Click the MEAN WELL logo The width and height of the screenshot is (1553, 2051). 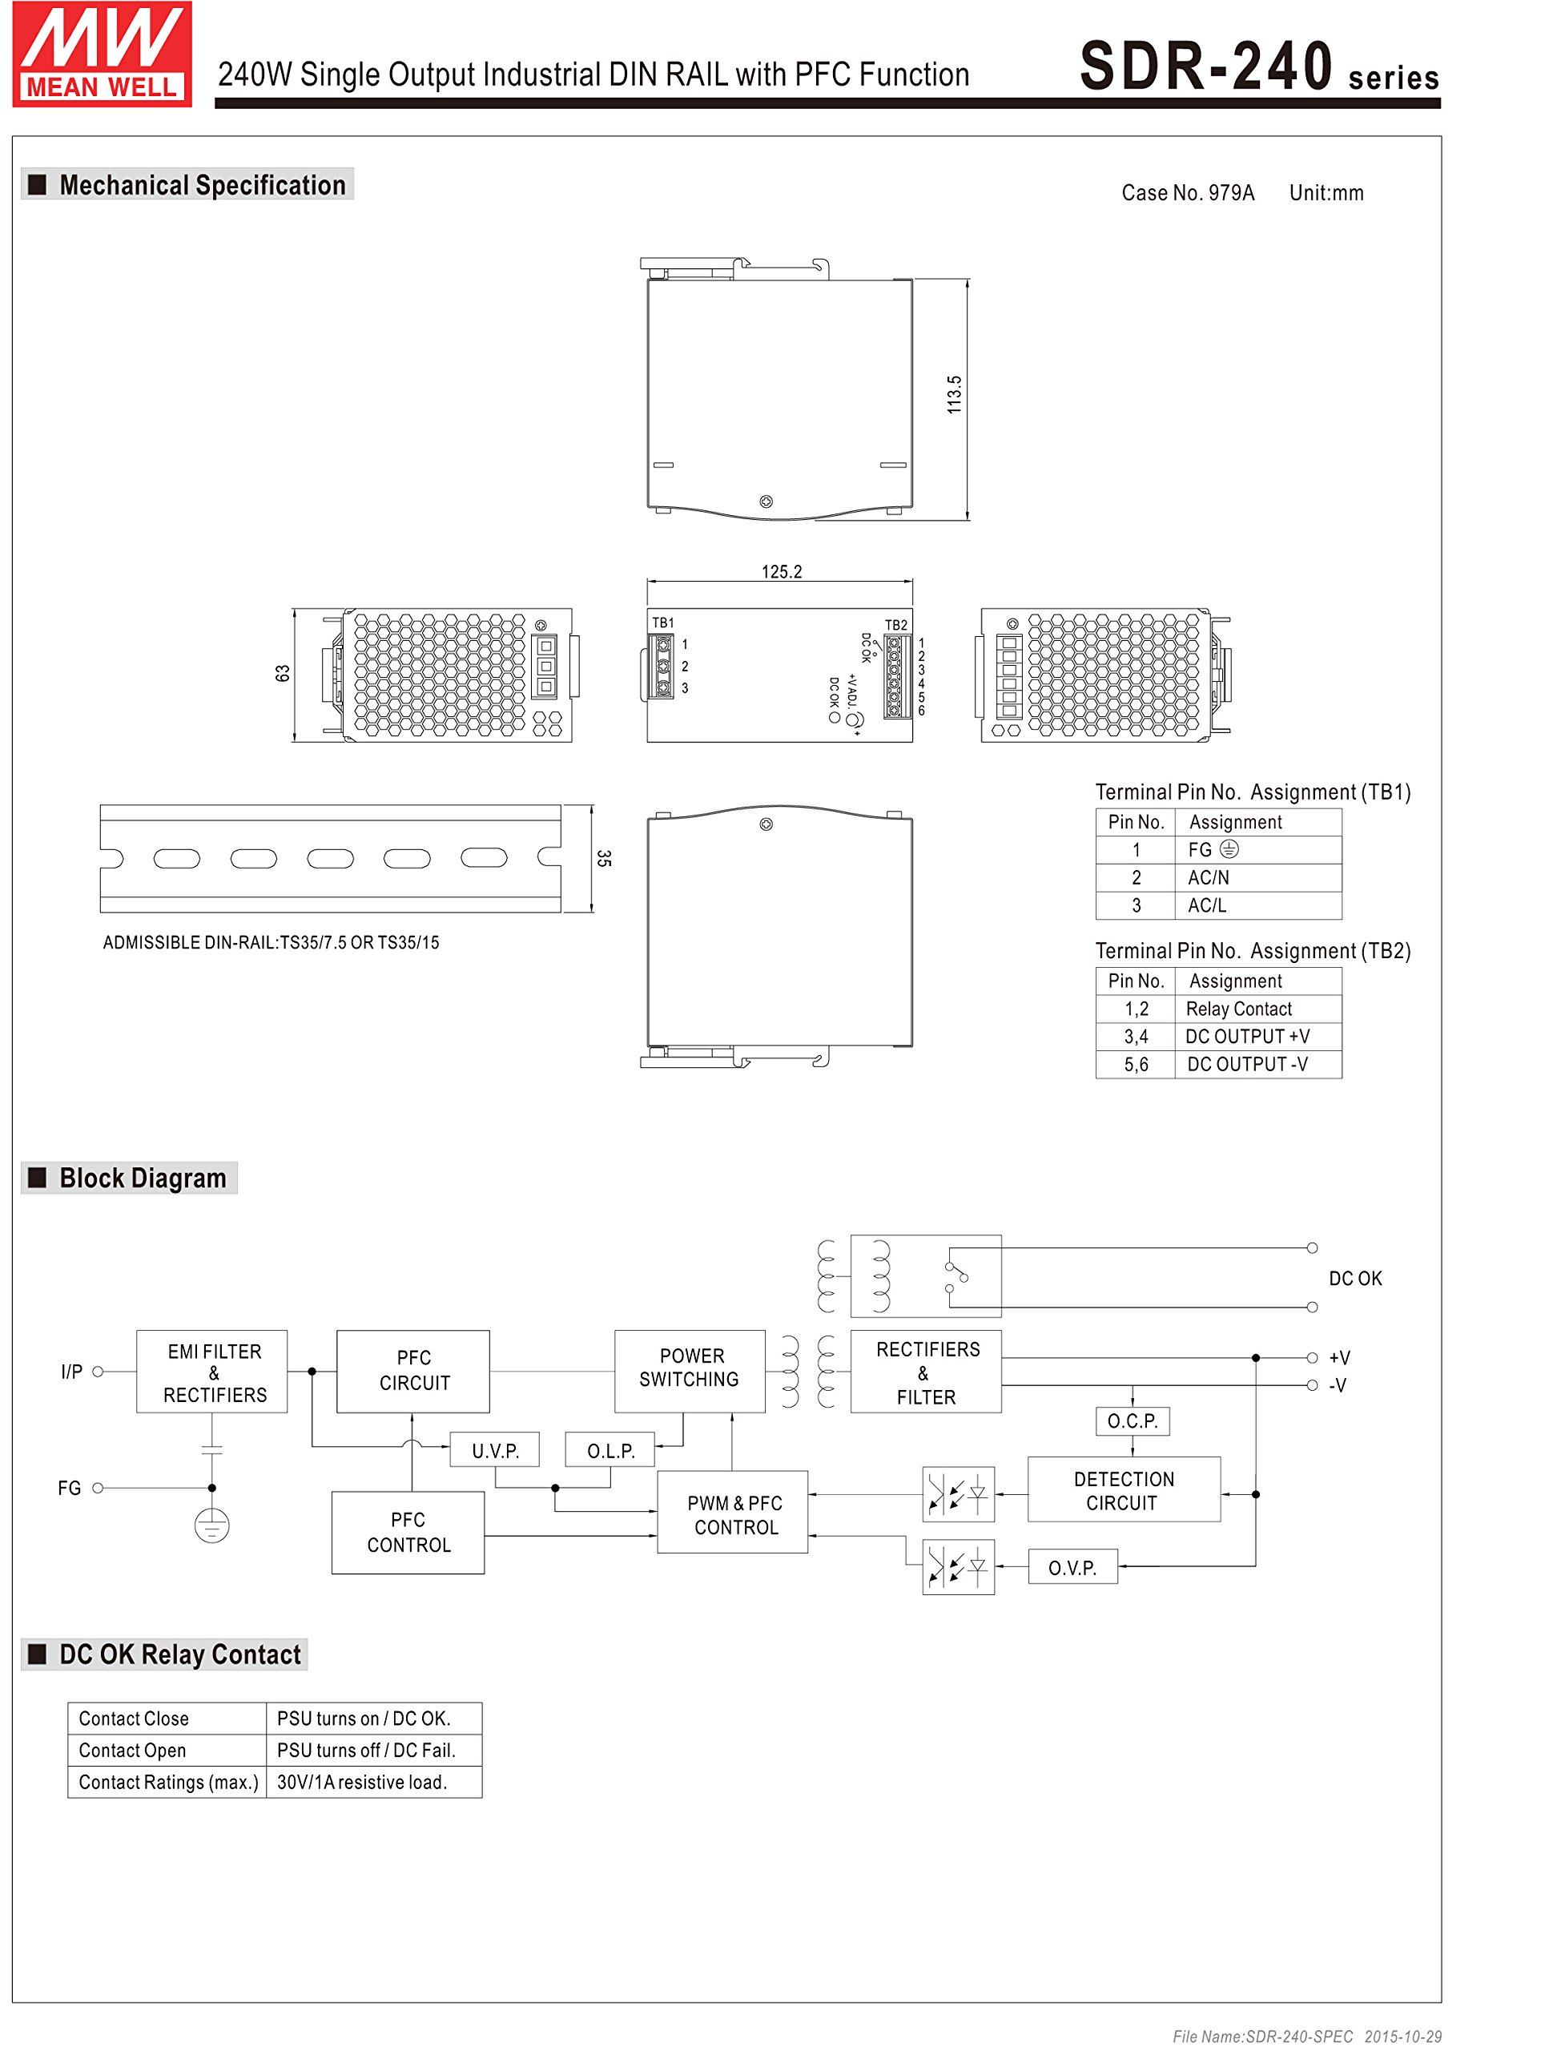tap(102, 54)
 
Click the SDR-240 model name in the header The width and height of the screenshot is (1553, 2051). tap(1206, 67)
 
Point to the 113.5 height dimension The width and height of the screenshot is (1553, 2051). tap(954, 394)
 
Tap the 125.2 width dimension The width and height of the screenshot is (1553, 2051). tap(782, 571)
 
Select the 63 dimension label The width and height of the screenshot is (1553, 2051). tap(283, 673)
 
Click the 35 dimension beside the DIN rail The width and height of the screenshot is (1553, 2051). tap(605, 858)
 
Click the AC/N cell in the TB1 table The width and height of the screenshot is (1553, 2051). tap(1208, 877)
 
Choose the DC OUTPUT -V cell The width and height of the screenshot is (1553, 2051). tap(1247, 1065)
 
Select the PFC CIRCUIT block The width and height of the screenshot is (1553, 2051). tap(413, 1371)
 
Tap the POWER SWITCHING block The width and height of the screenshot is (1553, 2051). tap(690, 1368)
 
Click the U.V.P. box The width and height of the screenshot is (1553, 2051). tap(495, 1450)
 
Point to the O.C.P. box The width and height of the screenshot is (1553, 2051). tap(1132, 1420)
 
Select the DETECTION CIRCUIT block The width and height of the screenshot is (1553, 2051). tap(1124, 1490)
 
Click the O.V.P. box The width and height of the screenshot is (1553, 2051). tap(1072, 1567)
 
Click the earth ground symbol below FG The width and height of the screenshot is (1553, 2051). tap(211, 1525)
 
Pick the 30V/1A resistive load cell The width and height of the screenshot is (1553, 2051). tap(363, 1782)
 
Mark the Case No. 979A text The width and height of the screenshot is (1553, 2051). tap(1188, 193)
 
